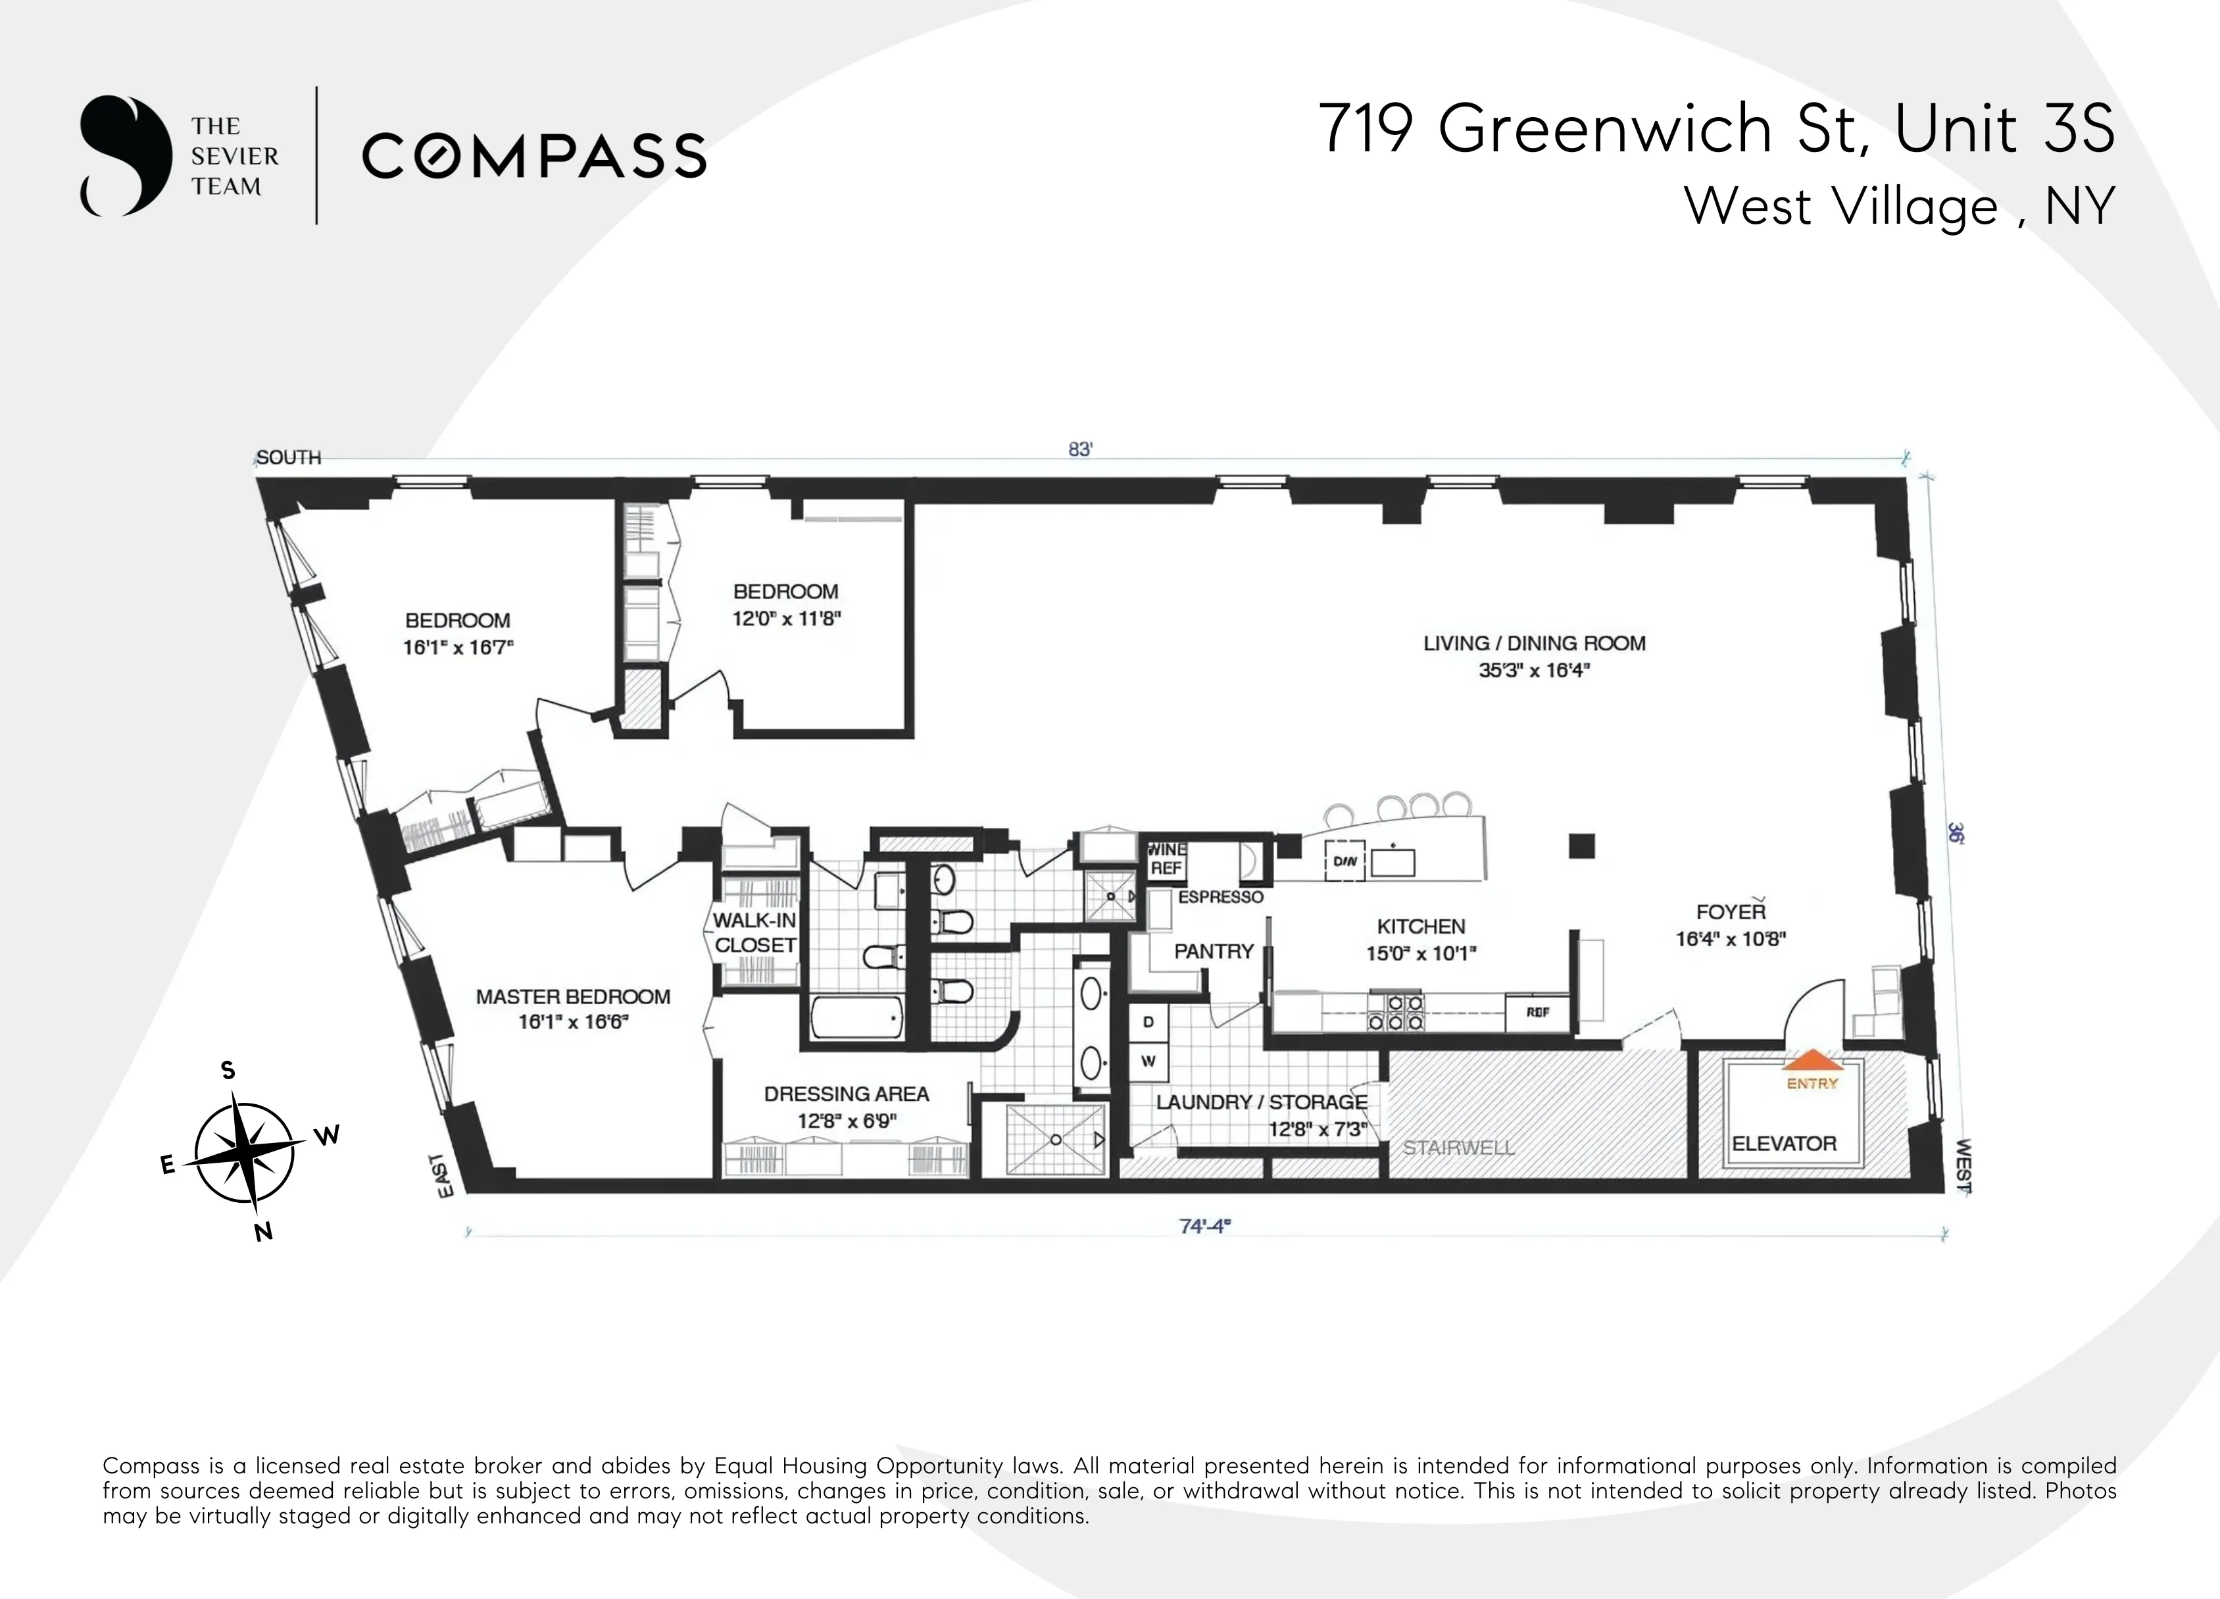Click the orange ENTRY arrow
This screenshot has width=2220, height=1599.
1812,1059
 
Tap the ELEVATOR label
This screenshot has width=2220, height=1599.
1783,1144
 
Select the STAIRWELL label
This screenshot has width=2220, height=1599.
1458,1148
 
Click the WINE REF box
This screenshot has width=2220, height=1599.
1166,859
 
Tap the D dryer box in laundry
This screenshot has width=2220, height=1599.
1148,1023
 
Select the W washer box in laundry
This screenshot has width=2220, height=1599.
1148,1061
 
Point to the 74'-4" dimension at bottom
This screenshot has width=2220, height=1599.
1204,1226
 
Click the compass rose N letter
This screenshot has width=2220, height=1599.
263,1232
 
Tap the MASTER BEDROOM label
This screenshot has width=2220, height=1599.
573,997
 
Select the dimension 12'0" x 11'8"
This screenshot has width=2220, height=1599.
786,619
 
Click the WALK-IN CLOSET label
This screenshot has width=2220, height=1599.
754,932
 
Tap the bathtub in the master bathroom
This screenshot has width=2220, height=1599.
856,1019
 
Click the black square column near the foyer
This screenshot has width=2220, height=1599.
1582,845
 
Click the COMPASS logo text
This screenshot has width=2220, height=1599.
533,156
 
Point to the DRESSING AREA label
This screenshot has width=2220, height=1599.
846,1094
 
